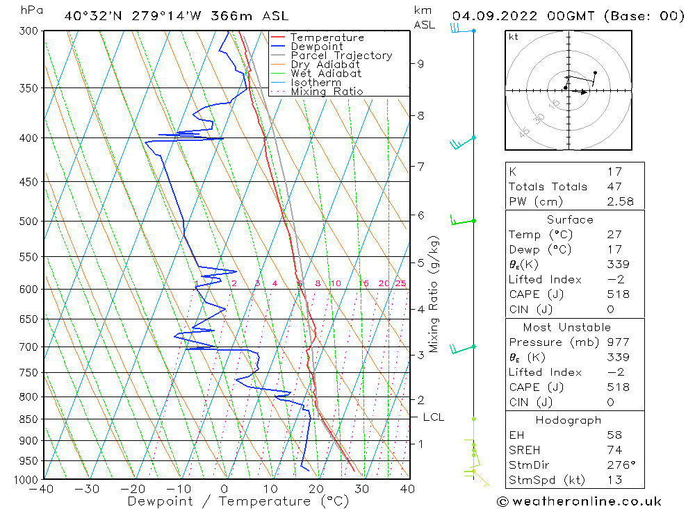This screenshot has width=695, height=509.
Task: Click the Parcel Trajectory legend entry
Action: pos(341,56)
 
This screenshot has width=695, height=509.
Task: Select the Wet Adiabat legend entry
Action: pos(325,74)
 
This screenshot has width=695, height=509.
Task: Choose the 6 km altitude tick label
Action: pos(420,215)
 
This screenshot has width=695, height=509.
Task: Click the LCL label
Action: pos(433,417)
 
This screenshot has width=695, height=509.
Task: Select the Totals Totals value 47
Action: pos(614,187)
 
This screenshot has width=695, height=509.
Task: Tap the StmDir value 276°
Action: pos(618,465)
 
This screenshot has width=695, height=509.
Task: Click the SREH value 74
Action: pos(614,451)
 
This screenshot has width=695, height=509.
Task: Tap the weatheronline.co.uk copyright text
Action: pos(580,501)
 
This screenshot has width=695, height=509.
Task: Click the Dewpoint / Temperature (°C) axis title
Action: pos(238,501)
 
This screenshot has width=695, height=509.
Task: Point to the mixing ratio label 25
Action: pos(400,283)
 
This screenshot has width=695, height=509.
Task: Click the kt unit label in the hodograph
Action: pos(513,37)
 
